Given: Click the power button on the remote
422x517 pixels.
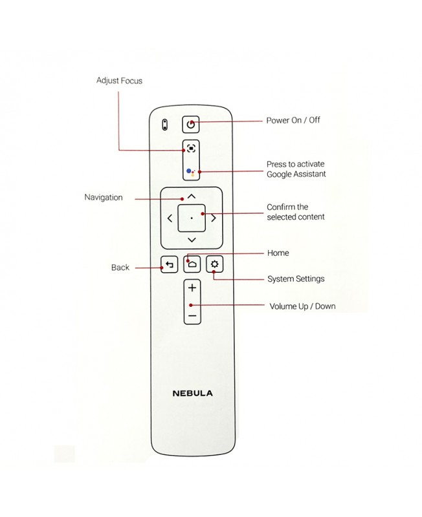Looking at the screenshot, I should (190, 123).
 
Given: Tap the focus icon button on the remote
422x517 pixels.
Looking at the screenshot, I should (191, 148).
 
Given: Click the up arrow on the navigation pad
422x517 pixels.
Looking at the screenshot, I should (192, 195).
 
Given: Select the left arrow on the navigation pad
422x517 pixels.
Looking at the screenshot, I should (170, 218).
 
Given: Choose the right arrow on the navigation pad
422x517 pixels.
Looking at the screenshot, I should (214, 218).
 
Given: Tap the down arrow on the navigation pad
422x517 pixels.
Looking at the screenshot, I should (192, 240).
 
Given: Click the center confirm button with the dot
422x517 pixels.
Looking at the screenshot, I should (192, 218).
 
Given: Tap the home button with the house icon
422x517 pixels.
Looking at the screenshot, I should (192, 264).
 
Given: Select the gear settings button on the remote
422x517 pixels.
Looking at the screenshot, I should (214, 264).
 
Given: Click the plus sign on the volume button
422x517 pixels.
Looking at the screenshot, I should (192, 288).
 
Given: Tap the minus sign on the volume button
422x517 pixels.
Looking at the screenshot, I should (192, 316).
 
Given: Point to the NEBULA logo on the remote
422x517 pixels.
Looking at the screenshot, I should (192, 393).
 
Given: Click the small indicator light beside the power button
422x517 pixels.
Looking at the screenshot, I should (165, 123).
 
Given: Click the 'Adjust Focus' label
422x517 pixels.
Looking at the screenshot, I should (119, 81).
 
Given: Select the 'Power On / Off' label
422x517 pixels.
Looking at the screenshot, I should (293, 120).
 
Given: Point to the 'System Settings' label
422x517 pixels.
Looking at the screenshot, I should (296, 279).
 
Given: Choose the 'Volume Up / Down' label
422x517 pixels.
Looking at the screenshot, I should (302, 306).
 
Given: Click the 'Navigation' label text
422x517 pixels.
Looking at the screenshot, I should (104, 197).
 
